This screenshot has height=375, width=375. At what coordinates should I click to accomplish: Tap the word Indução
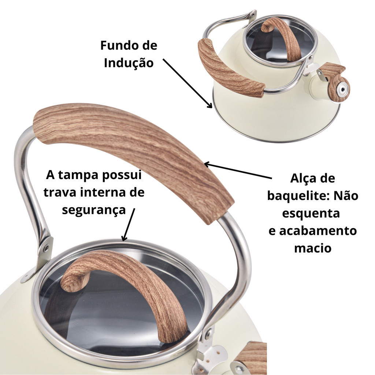coord(129,63)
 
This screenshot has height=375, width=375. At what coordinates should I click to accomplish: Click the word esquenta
coord(311,213)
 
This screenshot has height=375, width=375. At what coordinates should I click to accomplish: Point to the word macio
coord(313,248)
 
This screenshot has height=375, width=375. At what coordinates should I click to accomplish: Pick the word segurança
coord(94,210)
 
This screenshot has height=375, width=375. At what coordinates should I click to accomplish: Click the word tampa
coord(78,175)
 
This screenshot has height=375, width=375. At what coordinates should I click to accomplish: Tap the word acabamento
coord(318,231)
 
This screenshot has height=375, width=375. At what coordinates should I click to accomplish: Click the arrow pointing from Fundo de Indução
coord(187,83)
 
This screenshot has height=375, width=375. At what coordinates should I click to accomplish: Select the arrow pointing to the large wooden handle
coord(238,170)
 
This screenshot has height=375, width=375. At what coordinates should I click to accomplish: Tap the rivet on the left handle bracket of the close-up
coord(46,248)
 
